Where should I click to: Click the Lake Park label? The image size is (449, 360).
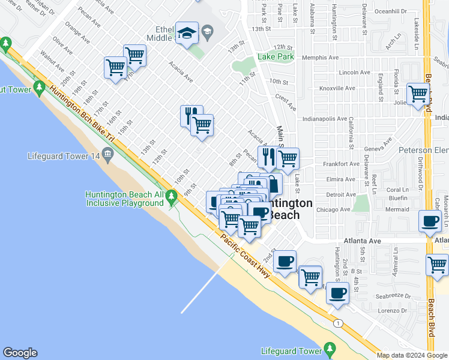click(276, 57)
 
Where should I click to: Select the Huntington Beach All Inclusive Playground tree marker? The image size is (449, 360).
click(172, 196)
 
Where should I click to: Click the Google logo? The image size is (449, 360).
click(20, 353)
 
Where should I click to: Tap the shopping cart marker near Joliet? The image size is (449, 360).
click(418, 94)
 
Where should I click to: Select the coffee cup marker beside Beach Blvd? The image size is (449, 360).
click(430, 221)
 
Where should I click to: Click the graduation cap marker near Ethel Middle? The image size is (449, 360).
click(187, 34)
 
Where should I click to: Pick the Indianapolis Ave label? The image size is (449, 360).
click(324, 119)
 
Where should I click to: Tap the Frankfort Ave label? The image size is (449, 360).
click(341, 164)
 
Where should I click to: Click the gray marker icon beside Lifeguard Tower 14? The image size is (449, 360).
click(108, 156)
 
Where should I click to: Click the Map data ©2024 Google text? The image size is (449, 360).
click(412, 355)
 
